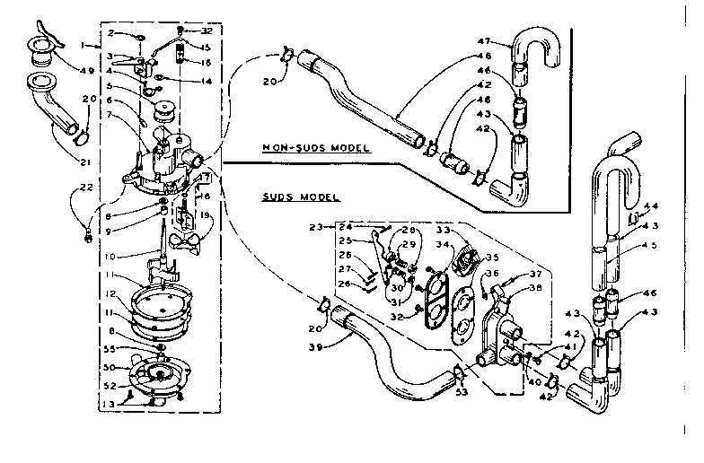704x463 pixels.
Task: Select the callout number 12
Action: pyautogui.click(x=110, y=293)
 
